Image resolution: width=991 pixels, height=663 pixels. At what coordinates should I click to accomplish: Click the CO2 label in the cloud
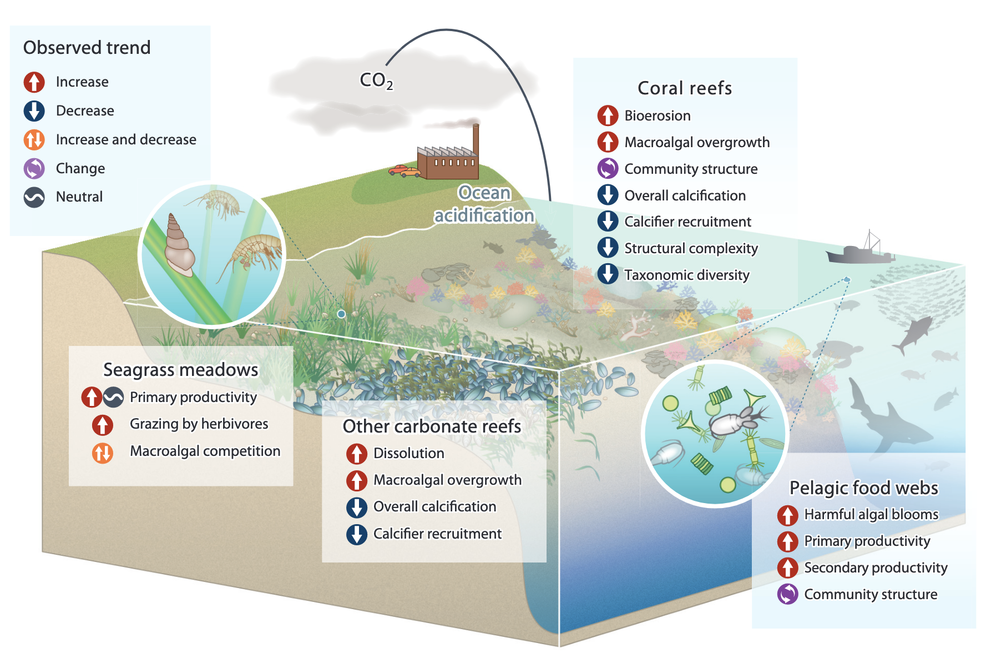coord(376,81)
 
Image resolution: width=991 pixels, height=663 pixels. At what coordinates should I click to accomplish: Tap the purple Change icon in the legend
coord(34,168)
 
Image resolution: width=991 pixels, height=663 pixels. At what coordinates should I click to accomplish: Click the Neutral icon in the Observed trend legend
coord(34,197)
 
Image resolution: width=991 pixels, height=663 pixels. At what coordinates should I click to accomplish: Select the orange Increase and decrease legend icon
coord(34,139)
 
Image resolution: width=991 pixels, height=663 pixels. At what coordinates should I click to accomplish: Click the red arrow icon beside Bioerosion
coord(608,115)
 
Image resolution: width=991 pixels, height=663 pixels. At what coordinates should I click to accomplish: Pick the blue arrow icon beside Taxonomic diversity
coord(608,274)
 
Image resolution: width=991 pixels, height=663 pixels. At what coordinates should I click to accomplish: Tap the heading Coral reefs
coord(685,88)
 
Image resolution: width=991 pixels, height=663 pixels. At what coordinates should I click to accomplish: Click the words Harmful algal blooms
coord(871,515)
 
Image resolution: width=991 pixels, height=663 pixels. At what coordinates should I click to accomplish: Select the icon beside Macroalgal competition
coord(103,453)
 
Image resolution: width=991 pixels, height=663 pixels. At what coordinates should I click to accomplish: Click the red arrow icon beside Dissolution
coord(357,454)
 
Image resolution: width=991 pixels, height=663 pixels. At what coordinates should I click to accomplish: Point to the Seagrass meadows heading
coord(181,370)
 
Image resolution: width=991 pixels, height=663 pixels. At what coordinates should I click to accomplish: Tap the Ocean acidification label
coord(484,204)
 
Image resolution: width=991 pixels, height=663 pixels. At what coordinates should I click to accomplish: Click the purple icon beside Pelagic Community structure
coord(787,594)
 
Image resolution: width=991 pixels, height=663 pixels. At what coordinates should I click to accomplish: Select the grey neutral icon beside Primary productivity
coord(114,397)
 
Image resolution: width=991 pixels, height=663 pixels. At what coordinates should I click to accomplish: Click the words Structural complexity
coord(691,248)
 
